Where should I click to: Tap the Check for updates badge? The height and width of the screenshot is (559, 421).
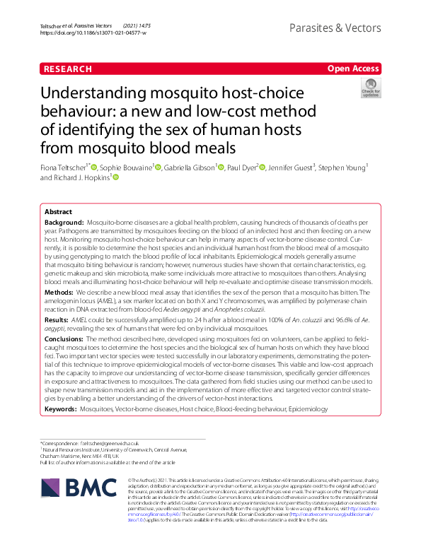(x=370, y=88)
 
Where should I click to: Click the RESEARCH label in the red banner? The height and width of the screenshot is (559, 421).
(x=67, y=69)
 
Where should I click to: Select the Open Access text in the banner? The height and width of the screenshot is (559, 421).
(x=353, y=69)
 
